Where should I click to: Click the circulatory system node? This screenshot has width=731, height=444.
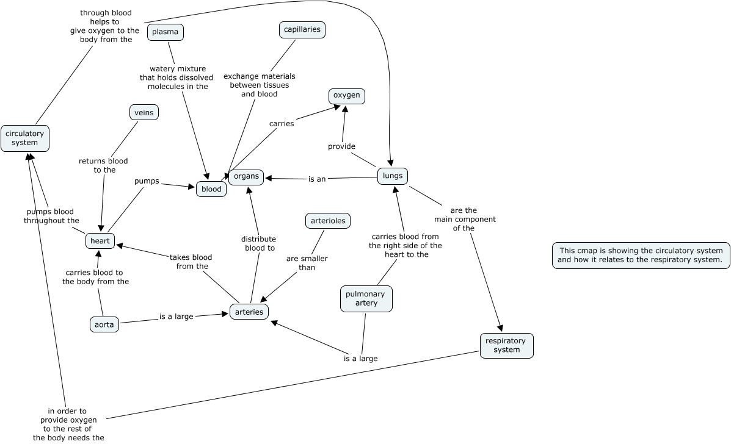click(x=24, y=138)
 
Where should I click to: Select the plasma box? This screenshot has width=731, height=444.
click(x=165, y=32)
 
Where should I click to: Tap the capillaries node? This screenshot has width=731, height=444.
click(x=302, y=29)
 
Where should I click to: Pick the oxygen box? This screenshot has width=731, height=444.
click(x=347, y=96)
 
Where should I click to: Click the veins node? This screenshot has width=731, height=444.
click(x=144, y=112)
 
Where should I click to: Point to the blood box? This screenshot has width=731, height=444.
click(x=211, y=189)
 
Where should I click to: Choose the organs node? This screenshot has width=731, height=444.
click(x=246, y=177)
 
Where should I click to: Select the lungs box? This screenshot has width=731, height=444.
click(x=392, y=176)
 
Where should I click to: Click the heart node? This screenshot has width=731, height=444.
click(x=100, y=241)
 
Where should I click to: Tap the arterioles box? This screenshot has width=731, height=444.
click(x=328, y=221)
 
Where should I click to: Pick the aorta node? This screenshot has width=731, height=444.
click(x=104, y=324)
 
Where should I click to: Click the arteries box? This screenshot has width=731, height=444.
click(x=249, y=312)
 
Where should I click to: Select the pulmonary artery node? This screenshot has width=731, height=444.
click(x=366, y=298)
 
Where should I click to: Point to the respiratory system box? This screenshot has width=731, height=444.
click(x=506, y=345)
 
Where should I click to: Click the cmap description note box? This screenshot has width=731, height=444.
click(x=641, y=255)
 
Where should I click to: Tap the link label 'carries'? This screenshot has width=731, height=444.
click(x=282, y=124)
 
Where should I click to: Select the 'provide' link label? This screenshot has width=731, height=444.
click(x=341, y=146)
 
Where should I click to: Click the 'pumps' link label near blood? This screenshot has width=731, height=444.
click(x=147, y=181)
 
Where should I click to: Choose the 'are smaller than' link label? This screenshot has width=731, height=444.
click(x=307, y=263)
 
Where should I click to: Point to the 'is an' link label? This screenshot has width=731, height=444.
click(x=317, y=179)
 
